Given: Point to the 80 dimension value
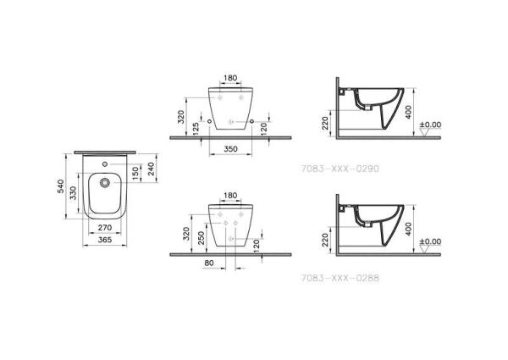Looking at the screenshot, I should [209, 263].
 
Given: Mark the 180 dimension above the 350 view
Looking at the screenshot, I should [229, 78].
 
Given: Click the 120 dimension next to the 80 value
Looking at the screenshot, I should [256, 244].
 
